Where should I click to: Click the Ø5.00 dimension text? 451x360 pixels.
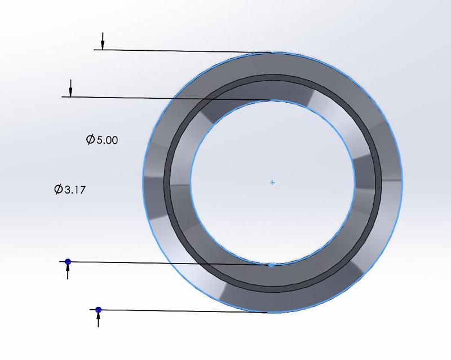pos(102,140)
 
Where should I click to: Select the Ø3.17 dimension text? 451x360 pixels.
pos(69,190)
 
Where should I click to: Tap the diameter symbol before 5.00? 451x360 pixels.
pos(90,140)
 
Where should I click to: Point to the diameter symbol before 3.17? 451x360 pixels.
pos(58,190)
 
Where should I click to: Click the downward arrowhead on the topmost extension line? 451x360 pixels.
pos(103,45)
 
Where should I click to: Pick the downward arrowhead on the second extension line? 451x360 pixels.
pos(70,93)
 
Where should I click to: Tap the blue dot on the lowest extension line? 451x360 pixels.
pos(99,310)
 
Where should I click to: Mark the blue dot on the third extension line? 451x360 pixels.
pos(68,262)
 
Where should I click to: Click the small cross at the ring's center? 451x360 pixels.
pos(272,183)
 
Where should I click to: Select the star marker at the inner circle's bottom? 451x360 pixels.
pos(272,265)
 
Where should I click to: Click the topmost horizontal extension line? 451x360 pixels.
pos(180,51)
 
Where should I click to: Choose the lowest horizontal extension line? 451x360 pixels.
pos(180,311)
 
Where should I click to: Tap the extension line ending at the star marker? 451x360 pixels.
pos(169,263)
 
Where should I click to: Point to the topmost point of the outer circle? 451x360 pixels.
pos(272,52)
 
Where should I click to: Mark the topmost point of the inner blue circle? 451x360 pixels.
pos(272,100)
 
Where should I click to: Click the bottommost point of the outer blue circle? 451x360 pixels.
pos(272,313)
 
